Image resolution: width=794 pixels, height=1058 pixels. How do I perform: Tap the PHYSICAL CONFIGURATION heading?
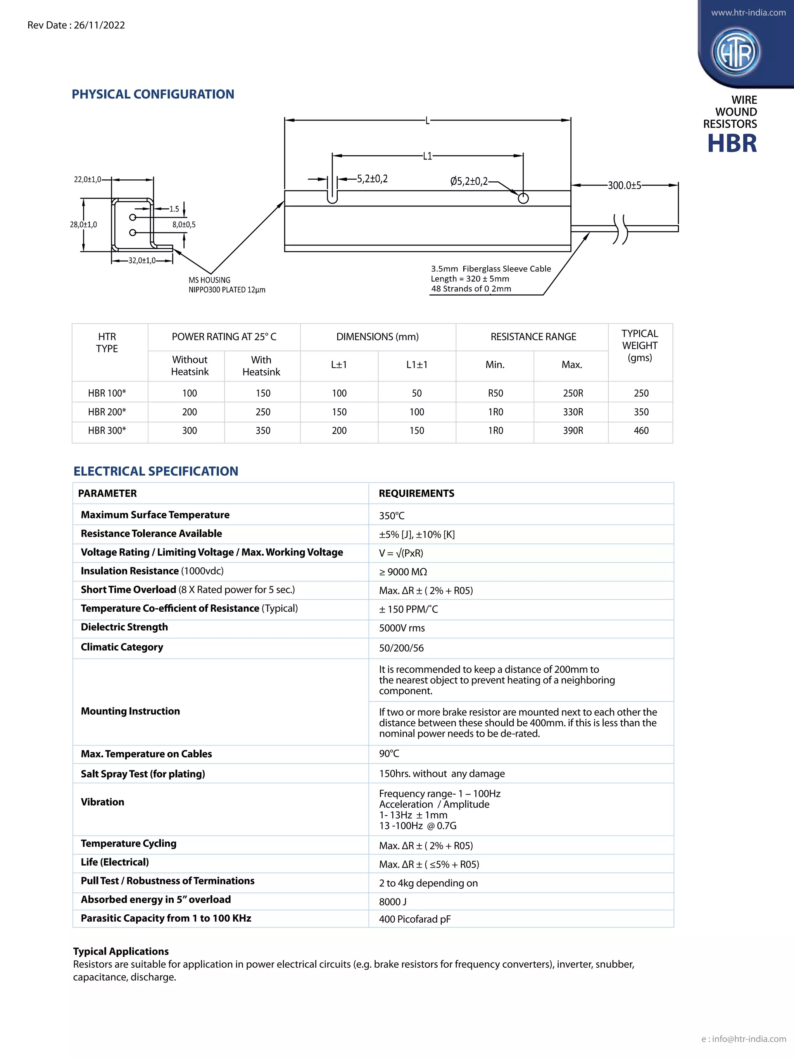click(153, 94)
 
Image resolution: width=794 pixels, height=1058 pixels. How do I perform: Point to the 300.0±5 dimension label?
click(624, 186)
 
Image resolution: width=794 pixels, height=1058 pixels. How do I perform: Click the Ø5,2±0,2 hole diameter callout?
click(469, 181)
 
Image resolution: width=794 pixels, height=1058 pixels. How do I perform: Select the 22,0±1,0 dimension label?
click(87, 179)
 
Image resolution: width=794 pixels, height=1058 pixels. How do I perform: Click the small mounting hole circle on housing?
click(523, 198)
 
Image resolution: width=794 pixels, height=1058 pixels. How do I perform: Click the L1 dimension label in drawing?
click(427, 156)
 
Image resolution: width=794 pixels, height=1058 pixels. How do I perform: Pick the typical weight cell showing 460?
click(641, 430)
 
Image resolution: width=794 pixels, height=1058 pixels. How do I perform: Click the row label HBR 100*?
click(107, 393)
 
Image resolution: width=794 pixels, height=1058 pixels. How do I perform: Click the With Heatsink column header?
click(261, 366)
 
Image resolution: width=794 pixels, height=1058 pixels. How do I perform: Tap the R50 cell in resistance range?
click(495, 393)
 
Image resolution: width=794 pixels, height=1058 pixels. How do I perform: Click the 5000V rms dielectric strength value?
click(402, 628)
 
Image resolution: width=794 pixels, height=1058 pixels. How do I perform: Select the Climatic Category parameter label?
click(122, 647)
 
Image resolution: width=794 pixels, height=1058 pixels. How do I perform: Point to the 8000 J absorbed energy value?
click(392, 901)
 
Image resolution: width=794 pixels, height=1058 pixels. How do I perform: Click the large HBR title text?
click(732, 143)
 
